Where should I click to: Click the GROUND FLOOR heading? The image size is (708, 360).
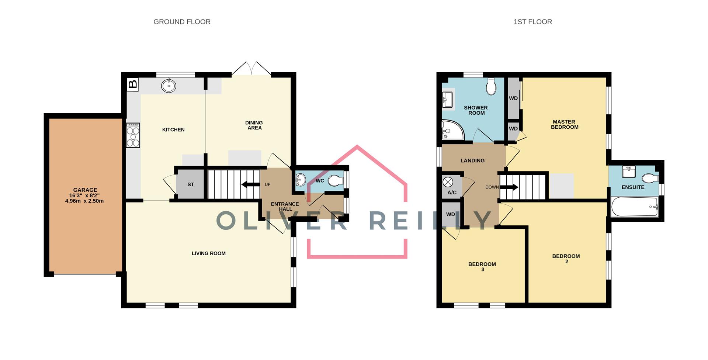pyautogui.click(x=182, y=22)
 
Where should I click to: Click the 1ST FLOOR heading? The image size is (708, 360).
pyautogui.click(x=532, y=22)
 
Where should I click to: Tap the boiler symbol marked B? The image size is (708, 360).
pyautogui.click(x=132, y=84)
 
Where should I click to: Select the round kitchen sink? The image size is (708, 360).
pyautogui.click(x=169, y=86)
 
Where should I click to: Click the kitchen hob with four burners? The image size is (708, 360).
pyautogui.click(x=133, y=135)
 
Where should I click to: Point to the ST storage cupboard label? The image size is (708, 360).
pyautogui.click(x=191, y=184)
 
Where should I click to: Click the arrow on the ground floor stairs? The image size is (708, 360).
pyautogui.click(x=250, y=185)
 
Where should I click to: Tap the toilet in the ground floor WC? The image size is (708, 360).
pyautogui.click(x=336, y=181)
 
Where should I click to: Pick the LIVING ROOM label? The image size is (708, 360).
pyautogui.click(x=208, y=253)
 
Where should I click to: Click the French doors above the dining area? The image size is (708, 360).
pyautogui.click(x=251, y=69)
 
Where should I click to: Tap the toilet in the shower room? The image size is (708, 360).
pyautogui.click(x=491, y=87)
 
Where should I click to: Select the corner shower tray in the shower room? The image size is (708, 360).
pyautogui.click(x=451, y=130)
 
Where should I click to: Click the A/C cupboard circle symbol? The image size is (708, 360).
pyautogui.click(x=448, y=182)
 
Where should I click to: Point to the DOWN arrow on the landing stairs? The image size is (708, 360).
pyautogui.click(x=509, y=187)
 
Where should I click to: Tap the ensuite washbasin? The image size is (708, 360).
pyautogui.click(x=628, y=172)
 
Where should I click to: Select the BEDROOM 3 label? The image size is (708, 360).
pyautogui.click(x=482, y=267)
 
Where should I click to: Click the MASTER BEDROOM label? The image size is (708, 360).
pyautogui.click(x=564, y=124)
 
